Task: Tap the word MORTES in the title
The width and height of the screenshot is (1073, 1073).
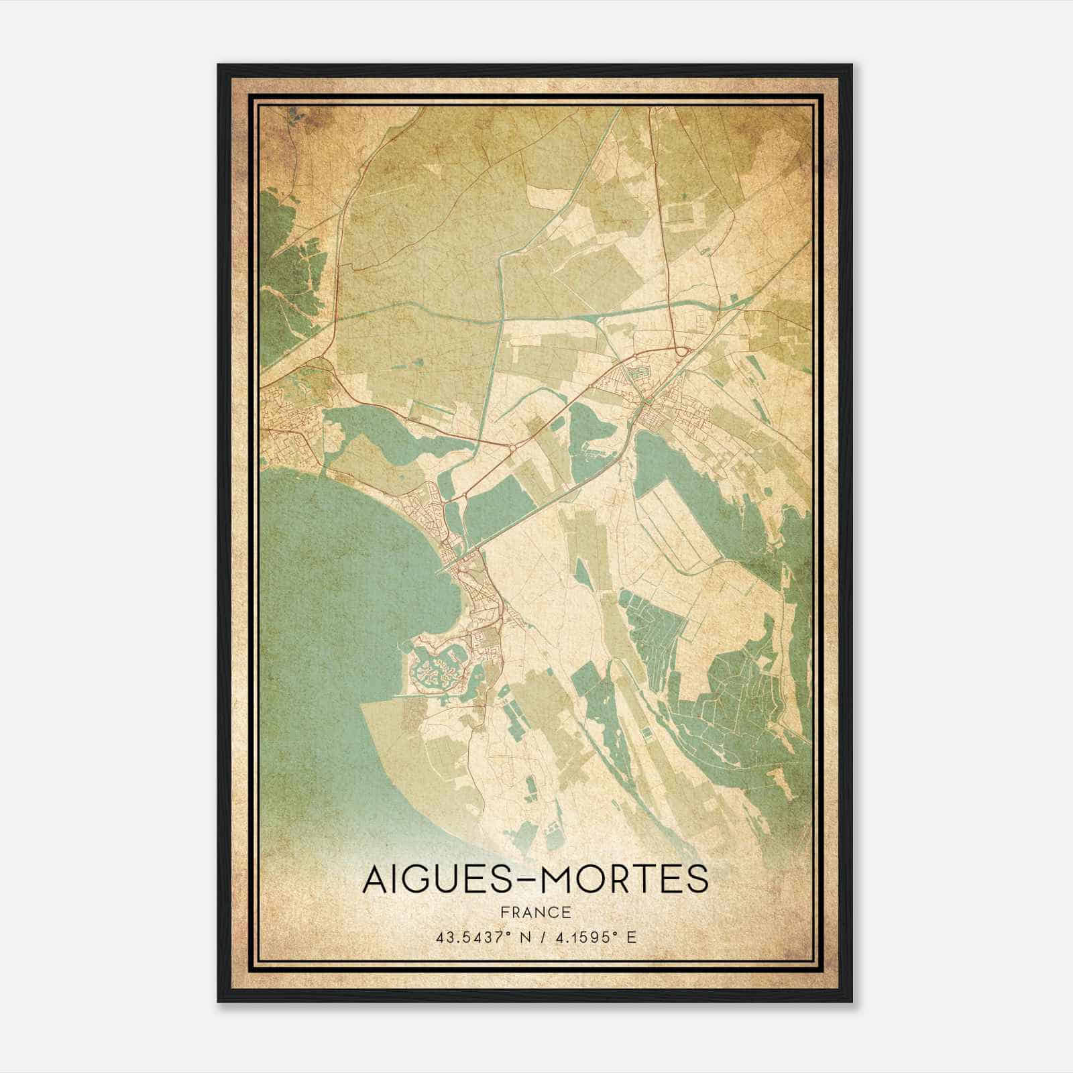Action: click(x=630, y=879)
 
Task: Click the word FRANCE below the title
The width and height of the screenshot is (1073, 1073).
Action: click(x=535, y=912)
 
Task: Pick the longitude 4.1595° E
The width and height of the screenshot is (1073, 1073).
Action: click(x=591, y=937)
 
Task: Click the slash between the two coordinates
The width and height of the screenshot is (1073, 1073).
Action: click(x=540, y=937)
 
